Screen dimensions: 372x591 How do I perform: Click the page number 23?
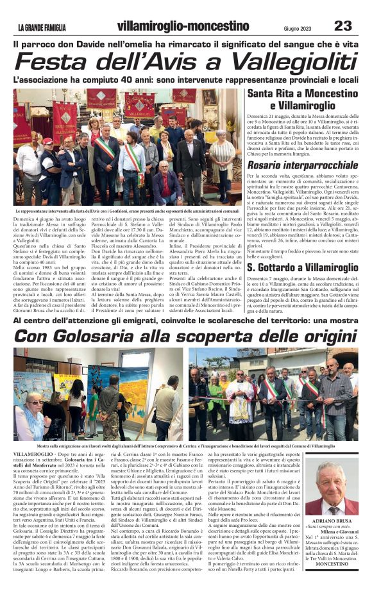pyautogui.click(x=343, y=26)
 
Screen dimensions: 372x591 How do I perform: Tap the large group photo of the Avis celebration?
pyautogui.click(x=128, y=147)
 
